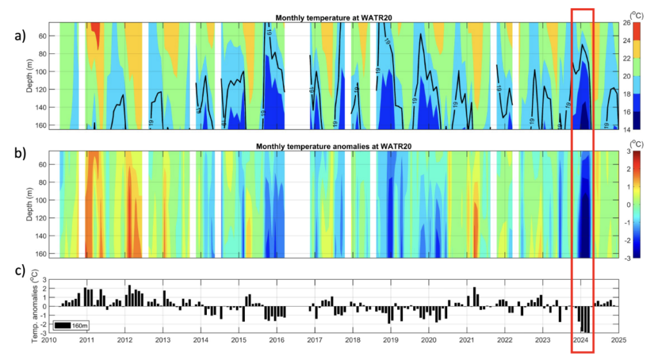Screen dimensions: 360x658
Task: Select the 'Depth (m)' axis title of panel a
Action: point(30,76)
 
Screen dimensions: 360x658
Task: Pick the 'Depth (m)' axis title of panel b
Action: point(30,204)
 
